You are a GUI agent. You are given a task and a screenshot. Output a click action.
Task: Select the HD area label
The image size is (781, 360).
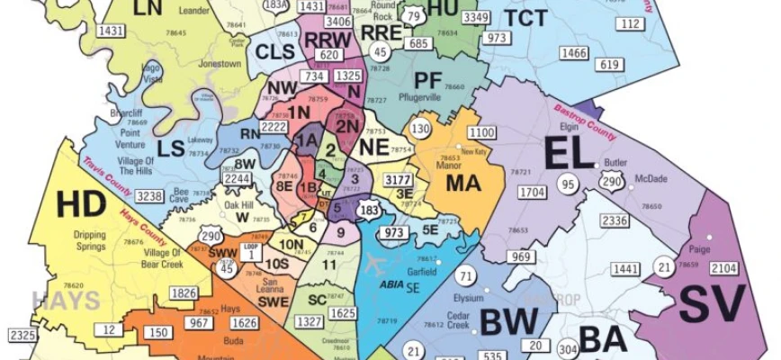(81, 204)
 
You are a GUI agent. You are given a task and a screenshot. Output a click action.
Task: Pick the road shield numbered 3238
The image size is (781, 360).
(150, 196)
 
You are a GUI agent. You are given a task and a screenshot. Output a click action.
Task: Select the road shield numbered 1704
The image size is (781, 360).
(533, 192)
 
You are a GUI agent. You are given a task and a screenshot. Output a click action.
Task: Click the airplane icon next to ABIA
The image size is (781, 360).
(377, 261)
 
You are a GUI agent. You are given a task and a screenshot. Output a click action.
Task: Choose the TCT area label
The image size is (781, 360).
(526, 18)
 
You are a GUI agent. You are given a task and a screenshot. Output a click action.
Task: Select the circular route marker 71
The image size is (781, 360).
(464, 276)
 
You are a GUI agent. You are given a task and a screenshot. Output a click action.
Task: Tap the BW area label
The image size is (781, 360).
(508, 321)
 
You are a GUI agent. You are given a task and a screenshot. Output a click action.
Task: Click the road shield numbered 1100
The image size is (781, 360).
(481, 133)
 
